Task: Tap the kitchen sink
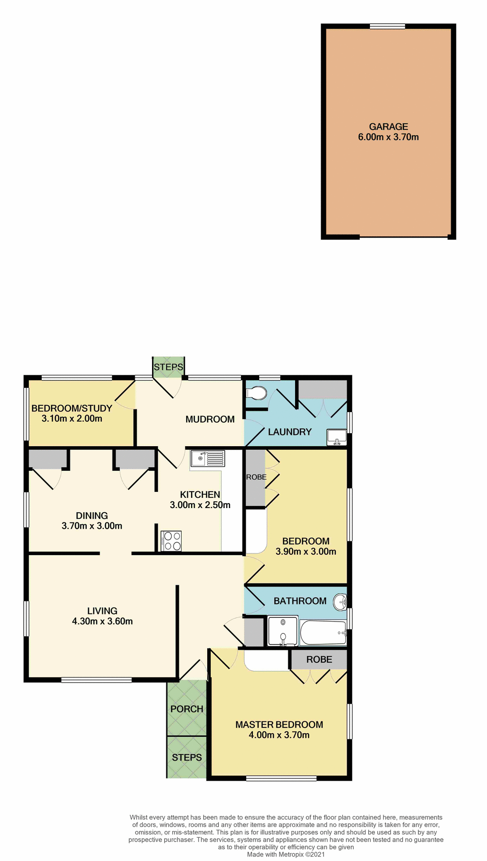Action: [208, 458]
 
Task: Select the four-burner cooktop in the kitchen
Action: [171, 540]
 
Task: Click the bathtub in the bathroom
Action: [323, 632]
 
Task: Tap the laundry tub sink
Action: [336, 436]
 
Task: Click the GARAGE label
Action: [388, 127]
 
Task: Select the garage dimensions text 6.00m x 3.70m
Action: [388, 137]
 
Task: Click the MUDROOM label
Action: [210, 419]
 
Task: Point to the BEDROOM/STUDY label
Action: [72, 408]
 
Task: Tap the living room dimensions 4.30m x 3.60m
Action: [102, 621]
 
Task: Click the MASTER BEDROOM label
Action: [279, 724]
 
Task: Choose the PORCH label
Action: [187, 709]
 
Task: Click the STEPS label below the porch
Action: [187, 757]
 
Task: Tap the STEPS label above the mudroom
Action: [169, 367]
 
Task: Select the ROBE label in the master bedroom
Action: [319, 659]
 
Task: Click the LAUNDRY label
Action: [290, 432]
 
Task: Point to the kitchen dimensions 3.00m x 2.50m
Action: [200, 505]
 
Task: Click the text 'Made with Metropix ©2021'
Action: [286, 854]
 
